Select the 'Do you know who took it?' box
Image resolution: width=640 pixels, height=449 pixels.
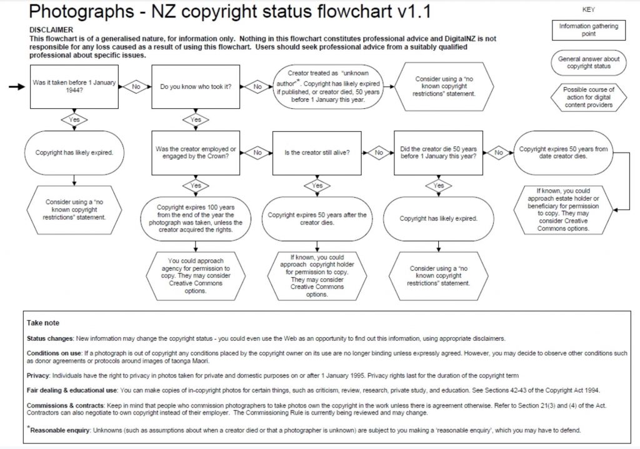tap(196, 87)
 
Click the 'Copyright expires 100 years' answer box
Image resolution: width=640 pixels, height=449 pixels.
tap(196, 219)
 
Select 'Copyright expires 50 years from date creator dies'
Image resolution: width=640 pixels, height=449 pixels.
tap(563, 153)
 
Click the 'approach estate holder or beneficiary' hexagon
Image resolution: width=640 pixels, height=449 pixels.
tap(563, 209)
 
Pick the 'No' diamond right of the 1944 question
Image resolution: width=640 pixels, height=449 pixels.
tap(136, 87)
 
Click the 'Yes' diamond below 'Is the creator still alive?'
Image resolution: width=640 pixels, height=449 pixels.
tap(317, 186)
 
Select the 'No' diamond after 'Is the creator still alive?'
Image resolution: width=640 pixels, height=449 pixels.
tap(379, 152)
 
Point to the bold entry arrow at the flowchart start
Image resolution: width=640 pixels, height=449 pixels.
tap(18, 87)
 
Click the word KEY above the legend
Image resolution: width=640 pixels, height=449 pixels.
tap(588, 10)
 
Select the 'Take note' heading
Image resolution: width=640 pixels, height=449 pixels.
tap(43, 323)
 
